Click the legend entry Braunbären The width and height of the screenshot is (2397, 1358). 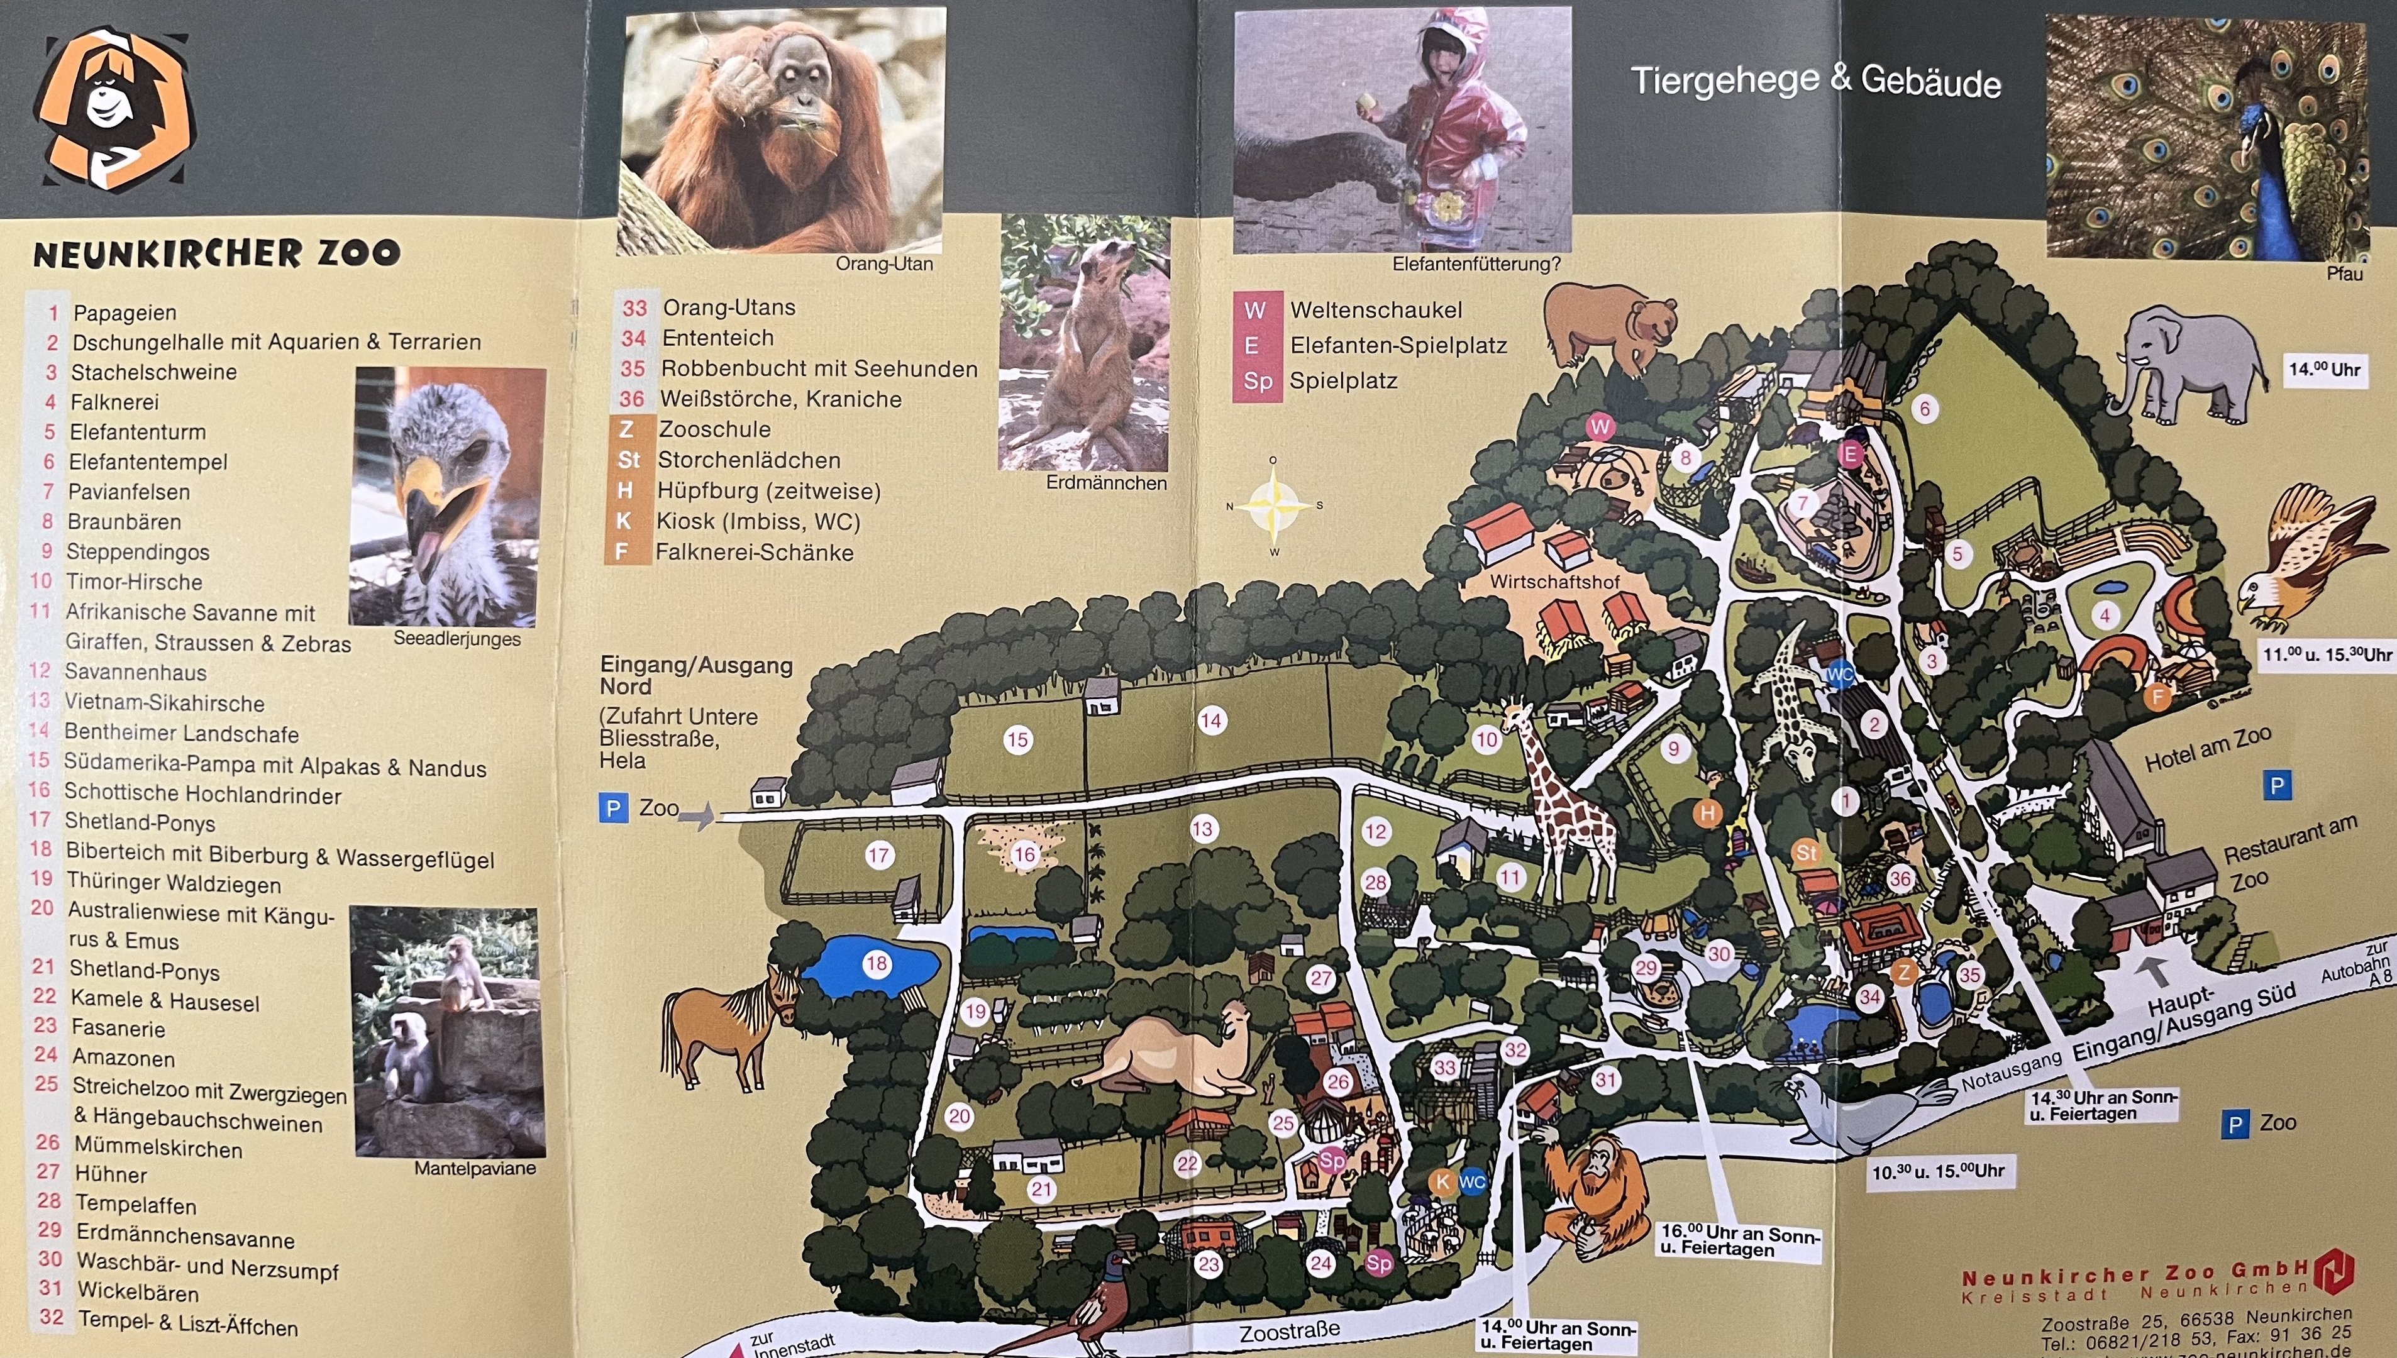[124, 521]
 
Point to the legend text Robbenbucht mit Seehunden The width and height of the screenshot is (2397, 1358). [819, 368]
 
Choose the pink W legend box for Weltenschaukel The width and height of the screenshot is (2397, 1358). [1255, 311]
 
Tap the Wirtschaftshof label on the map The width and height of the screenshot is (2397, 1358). [1554, 581]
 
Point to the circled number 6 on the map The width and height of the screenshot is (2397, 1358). [1924, 409]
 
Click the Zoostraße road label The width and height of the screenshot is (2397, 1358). [1290, 1330]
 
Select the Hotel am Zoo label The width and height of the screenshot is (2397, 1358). [2208, 749]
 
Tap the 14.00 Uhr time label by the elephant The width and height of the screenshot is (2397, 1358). [2324, 369]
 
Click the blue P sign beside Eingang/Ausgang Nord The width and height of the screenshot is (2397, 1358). [613, 809]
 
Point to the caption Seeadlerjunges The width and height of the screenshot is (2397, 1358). [456, 639]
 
